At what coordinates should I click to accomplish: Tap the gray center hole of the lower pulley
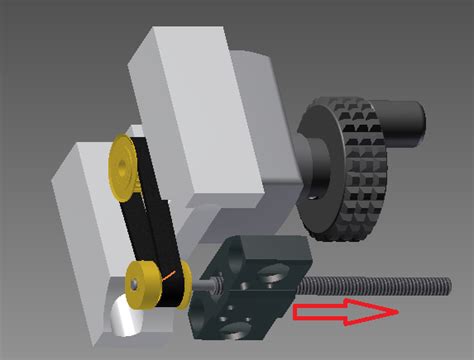(135, 284)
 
